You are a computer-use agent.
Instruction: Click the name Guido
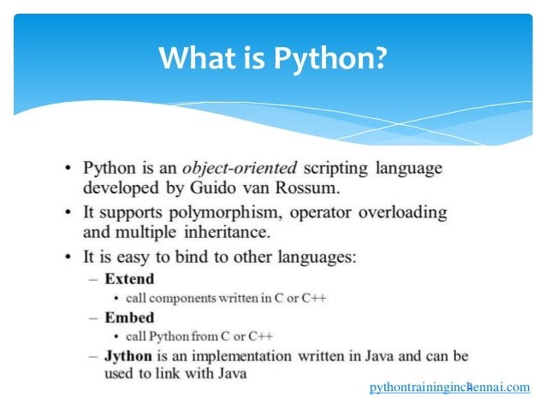[x=210, y=187]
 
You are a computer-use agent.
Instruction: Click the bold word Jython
[x=128, y=355]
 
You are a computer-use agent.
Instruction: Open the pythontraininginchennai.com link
[x=449, y=388]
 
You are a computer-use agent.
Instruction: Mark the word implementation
[x=258, y=355]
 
